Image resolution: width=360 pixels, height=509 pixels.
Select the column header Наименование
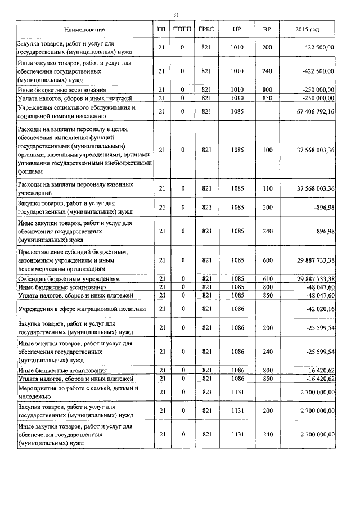coord(84,29)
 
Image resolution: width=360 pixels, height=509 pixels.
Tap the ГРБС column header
coord(206,29)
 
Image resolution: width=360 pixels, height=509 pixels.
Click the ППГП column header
coord(182,29)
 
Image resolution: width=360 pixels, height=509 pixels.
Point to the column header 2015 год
coord(307,29)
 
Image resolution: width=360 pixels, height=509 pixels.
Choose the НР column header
coord(237,29)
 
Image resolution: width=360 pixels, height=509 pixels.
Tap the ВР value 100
coord(267,150)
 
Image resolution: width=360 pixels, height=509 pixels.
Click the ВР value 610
coord(267,278)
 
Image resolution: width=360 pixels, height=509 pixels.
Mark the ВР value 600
coord(267,260)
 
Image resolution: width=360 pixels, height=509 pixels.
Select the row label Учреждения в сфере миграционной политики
coord(82,309)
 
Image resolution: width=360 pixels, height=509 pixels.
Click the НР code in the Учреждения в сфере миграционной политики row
coord(237,309)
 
